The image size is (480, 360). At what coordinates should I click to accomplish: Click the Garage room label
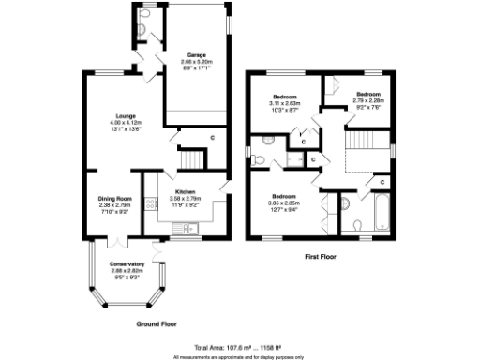pyautogui.click(x=195, y=54)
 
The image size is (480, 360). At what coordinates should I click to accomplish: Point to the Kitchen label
pyautogui.click(x=184, y=192)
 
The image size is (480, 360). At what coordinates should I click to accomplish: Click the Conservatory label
pyautogui.click(x=127, y=263)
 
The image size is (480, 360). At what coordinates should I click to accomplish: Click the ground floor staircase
pyautogui.click(x=191, y=157)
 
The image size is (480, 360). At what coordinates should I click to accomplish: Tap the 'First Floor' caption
pyautogui.click(x=322, y=256)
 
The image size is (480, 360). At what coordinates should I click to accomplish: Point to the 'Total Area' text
pyautogui.click(x=239, y=347)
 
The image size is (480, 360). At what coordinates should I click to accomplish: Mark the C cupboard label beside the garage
pyautogui.click(x=212, y=139)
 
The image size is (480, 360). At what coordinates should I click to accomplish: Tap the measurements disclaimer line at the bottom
pyautogui.click(x=239, y=356)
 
